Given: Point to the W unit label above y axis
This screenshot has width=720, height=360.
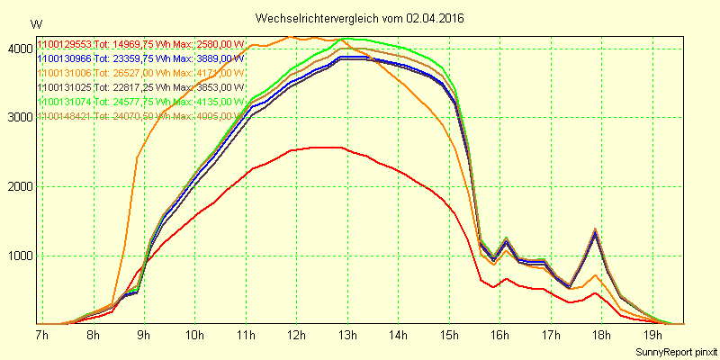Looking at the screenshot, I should (35, 24).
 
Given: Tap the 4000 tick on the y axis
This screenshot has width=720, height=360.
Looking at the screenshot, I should (18, 49).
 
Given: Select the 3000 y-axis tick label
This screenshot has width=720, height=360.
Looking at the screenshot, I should (18, 118).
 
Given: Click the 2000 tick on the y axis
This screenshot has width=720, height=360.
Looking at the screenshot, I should (18, 187).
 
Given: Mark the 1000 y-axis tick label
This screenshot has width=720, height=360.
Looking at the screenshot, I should (18, 256).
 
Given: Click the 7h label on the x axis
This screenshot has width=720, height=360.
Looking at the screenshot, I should (41, 337).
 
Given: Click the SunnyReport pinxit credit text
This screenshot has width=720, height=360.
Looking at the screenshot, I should (675, 351).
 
